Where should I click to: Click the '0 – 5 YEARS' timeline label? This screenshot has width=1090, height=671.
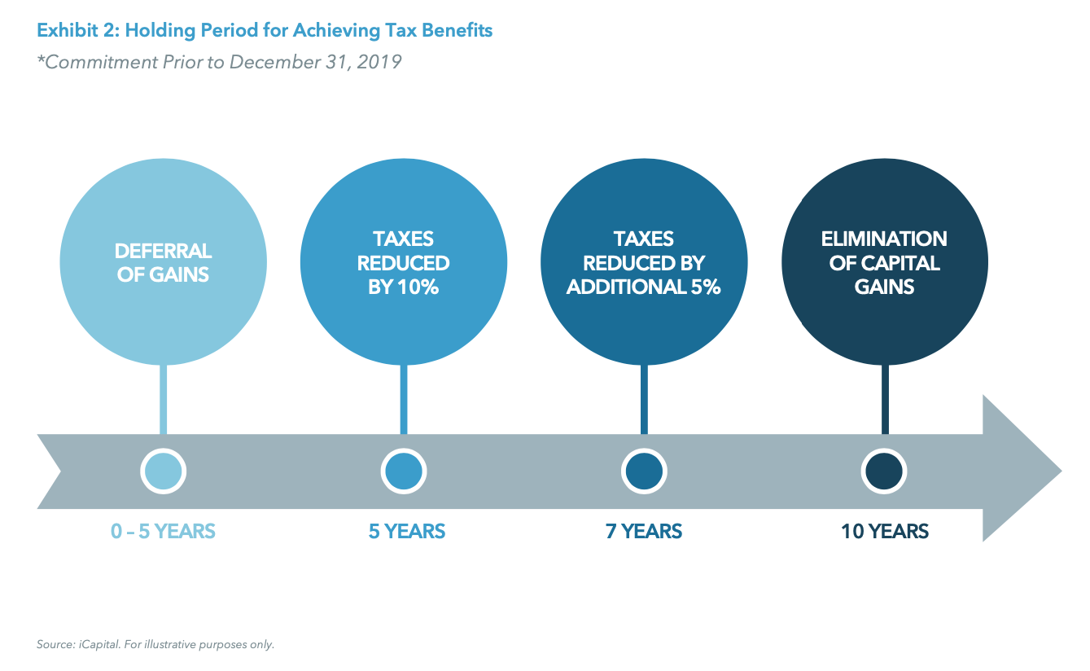click(x=163, y=532)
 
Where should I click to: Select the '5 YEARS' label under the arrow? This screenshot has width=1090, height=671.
click(x=406, y=532)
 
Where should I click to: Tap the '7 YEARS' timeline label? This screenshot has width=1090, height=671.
click(x=643, y=532)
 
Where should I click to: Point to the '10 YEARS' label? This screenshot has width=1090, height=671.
click(x=884, y=532)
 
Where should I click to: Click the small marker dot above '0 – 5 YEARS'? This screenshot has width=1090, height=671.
click(x=164, y=471)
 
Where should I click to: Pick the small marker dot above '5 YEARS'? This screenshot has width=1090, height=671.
click(x=404, y=471)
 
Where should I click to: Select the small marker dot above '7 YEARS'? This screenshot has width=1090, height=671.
click(x=644, y=471)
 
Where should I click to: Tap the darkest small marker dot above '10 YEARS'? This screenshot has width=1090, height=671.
click(x=884, y=471)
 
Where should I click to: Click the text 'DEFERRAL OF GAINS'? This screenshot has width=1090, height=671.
click(x=164, y=262)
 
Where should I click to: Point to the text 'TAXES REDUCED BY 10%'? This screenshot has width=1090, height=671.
click(x=404, y=262)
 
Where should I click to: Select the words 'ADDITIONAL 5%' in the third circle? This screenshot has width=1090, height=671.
click(x=644, y=287)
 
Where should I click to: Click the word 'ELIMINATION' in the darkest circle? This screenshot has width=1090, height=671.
click(x=884, y=239)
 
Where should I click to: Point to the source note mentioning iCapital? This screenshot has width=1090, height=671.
click(x=155, y=644)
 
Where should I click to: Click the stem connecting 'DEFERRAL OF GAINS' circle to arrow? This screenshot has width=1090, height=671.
click(x=164, y=399)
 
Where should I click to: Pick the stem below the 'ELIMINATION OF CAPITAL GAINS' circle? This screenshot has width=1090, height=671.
click(x=885, y=399)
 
